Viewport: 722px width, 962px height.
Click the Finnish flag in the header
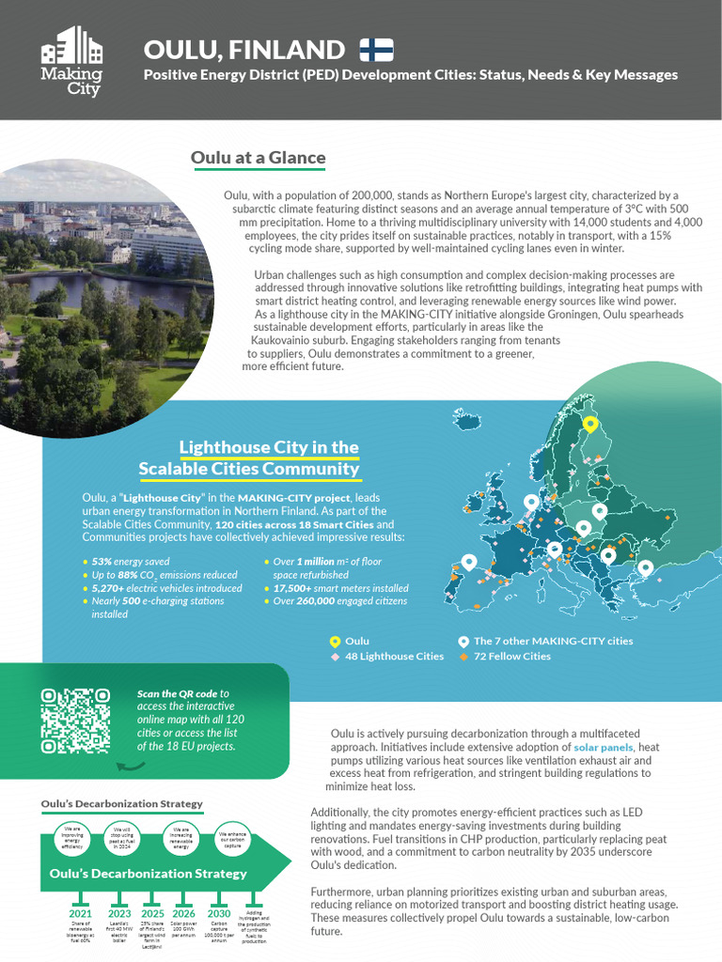377,49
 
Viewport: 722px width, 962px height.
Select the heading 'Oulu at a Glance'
258,157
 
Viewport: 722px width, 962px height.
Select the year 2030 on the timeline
218,912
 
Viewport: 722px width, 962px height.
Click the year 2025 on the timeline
152,912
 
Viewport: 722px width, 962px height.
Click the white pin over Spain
468,562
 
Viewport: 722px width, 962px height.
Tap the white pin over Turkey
645,567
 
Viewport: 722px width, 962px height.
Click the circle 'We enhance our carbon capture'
232,838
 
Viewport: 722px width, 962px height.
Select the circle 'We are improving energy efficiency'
71,838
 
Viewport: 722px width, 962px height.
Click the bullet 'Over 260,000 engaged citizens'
340,600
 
